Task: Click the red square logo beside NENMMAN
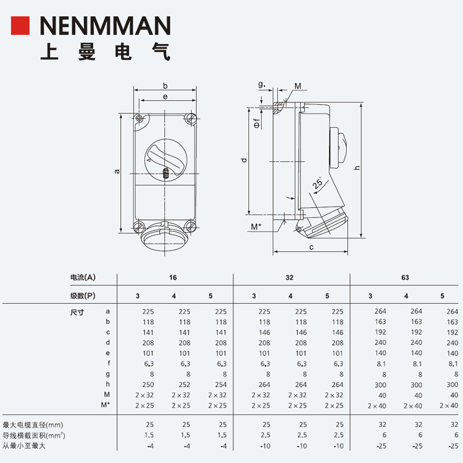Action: click(x=20, y=25)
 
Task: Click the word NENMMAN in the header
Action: click(x=105, y=25)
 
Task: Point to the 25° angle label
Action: click(x=317, y=183)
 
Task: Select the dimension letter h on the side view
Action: click(x=357, y=168)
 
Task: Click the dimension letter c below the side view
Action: click(x=311, y=247)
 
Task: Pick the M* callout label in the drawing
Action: click(x=256, y=227)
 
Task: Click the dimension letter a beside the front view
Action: click(x=117, y=171)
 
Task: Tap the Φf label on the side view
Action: click(x=257, y=123)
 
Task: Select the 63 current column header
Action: click(x=405, y=278)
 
